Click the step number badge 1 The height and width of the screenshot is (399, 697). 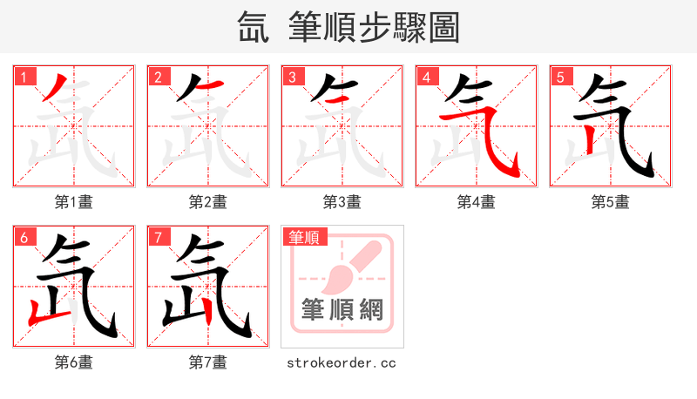24,78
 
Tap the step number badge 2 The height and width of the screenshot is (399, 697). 158,78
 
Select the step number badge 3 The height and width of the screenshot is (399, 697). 292,78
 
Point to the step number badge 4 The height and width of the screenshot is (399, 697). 426,78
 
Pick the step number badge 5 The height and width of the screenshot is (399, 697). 560,78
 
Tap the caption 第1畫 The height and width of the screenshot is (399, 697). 74,202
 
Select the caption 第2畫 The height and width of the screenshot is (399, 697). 208,202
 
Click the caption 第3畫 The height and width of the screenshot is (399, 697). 342,202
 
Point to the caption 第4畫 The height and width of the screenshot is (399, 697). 477,202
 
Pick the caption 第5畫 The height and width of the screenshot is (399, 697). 611,202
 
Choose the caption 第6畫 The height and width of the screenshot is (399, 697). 74,362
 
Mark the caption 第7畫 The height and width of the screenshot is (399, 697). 208,362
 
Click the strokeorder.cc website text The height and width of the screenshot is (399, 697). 342,362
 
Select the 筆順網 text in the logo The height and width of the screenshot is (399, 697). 342,310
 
